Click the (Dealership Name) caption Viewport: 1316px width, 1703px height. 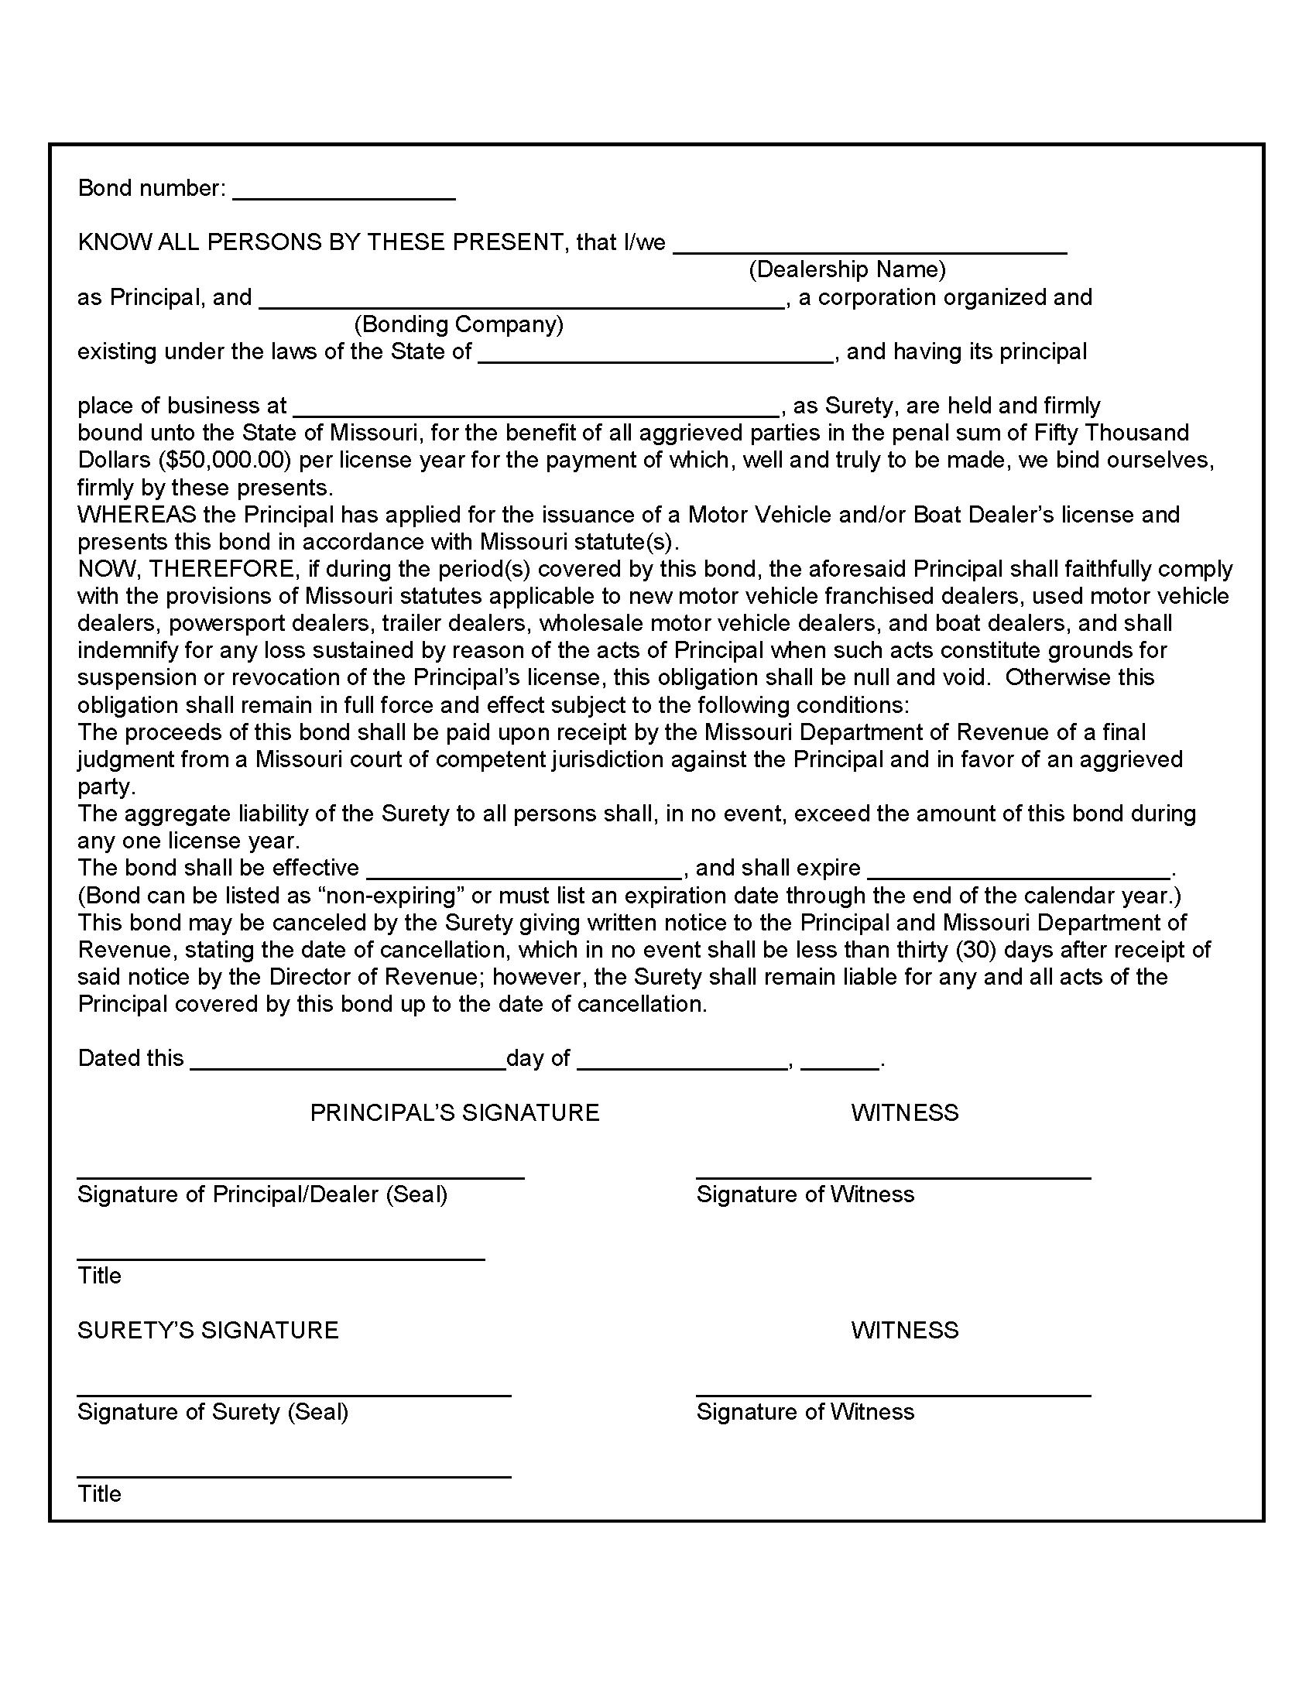tap(847, 270)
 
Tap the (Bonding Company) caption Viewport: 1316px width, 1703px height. tap(458, 324)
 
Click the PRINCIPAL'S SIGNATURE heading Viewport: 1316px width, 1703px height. tap(454, 1112)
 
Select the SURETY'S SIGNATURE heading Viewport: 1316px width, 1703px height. tap(208, 1330)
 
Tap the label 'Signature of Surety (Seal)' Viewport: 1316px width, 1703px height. tap(213, 1412)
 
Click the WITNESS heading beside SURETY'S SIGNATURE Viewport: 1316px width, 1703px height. tap(904, 1330)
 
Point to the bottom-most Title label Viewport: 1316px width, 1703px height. tap(100, 1494)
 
